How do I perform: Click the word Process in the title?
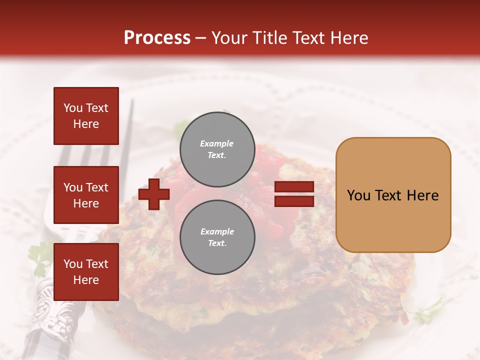tap(157, 38)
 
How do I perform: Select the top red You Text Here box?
tap(86, 116)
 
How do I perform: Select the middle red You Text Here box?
tap(86, 195)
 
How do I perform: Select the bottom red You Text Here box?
tap(86, 272)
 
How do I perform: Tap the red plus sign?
tap(154, 194)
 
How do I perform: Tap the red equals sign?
tap(294, 194)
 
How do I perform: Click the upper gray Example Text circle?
tap(217, 149)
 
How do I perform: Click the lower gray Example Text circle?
tap(217, 237)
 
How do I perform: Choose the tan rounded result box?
tap(393, 195)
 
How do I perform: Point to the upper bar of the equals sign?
tap(294, 187)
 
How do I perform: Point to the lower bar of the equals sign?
tap(294, 201)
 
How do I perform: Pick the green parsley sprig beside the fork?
tap(39, 257)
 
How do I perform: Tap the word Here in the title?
tap(348, 38)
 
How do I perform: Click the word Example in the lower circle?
tap(217, 231)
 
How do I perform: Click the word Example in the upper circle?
tap(217, 143)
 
